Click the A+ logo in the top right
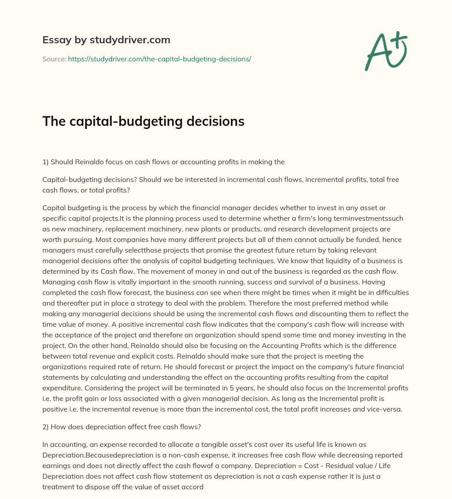click(386, 52)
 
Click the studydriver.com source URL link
click(159, 59)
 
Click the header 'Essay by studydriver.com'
click(106, 40)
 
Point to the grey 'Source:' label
click(54, 59)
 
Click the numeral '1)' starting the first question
click(45, 162)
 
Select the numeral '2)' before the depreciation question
click(45, 426)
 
